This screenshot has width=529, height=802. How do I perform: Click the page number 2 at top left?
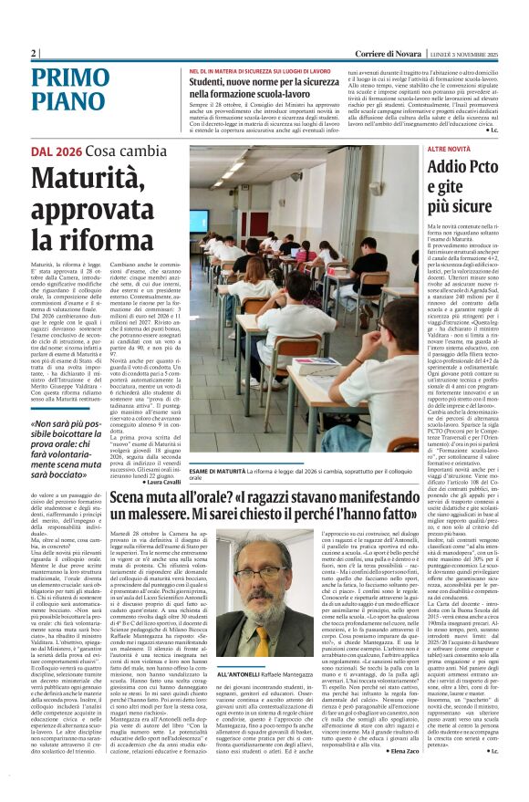[x=35, y=54]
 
